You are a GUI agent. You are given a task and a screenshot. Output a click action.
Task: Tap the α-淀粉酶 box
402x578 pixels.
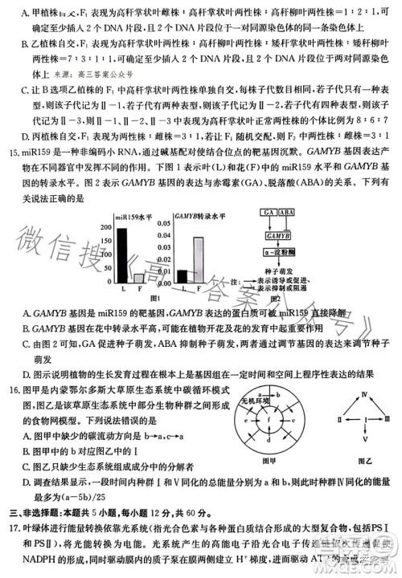276,252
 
